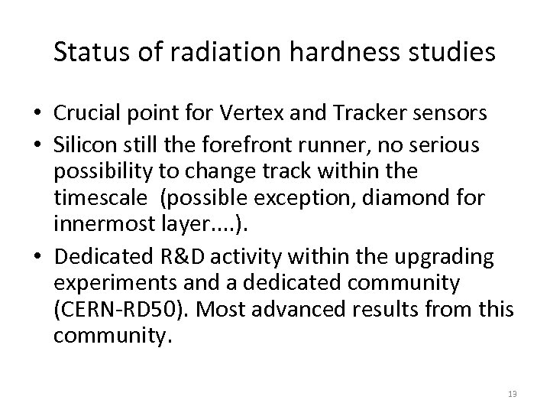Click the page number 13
[x=512, y=393]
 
